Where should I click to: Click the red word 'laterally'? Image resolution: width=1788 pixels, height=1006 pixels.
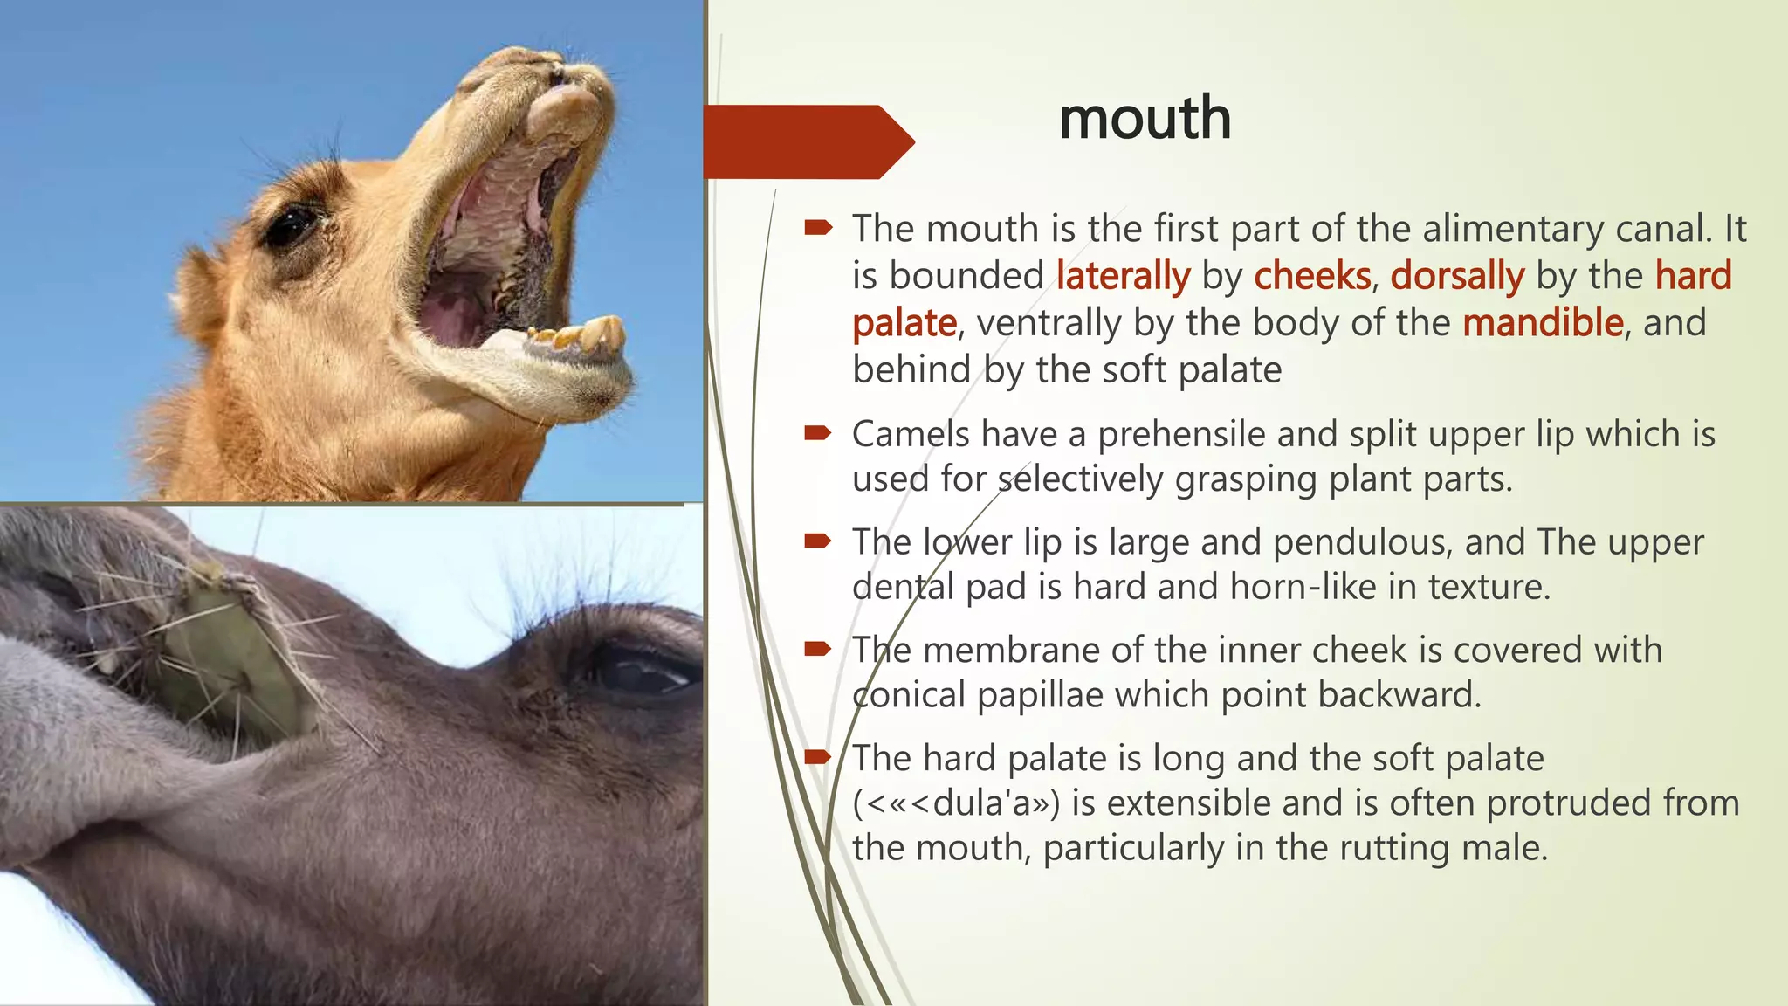point(1123,276)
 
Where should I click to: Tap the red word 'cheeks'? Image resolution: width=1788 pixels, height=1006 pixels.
point(1312,276)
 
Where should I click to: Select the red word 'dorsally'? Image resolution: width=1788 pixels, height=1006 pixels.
point(1457,276)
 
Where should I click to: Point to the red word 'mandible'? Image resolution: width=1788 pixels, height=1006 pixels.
point(1543,323)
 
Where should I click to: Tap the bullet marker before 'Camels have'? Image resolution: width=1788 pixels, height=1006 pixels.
point(818,432)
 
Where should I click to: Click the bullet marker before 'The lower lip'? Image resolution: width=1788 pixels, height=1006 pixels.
point(818,541)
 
